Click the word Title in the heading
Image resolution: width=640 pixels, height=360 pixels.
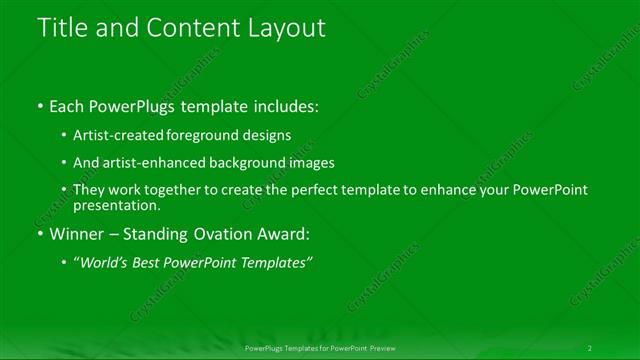(x=59, y=29)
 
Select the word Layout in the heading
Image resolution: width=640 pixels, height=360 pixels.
(x=289, y=29)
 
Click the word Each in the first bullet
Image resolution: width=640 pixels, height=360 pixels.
(x=69, y=106)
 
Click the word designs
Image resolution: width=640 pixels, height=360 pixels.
(x=272, y=135)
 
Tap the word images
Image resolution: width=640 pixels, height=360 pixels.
(x=310, y=163)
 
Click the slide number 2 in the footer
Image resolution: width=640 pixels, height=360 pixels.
(x=590, y=348)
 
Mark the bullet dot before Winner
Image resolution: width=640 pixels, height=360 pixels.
(x=39, y=236)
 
